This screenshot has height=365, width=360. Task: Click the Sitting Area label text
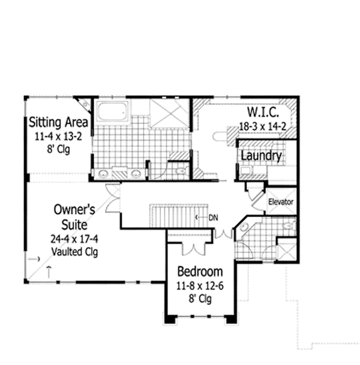[59, 123]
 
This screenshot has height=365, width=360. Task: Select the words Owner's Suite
[75, 217]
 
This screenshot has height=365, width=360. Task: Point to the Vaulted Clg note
[75, 251]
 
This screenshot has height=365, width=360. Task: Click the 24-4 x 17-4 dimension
[75, 239]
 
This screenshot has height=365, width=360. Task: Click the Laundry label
[261, 156]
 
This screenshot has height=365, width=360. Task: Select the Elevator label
[281, 202]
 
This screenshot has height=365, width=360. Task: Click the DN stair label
[212, 217]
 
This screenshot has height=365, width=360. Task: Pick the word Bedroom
[200, 272]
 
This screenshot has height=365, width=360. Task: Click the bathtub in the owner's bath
[112, 111]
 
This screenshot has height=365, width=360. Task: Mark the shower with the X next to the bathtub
[169, 113]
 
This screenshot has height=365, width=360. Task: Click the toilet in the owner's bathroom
[181, 172]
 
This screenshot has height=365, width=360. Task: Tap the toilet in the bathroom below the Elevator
[289, 227]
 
